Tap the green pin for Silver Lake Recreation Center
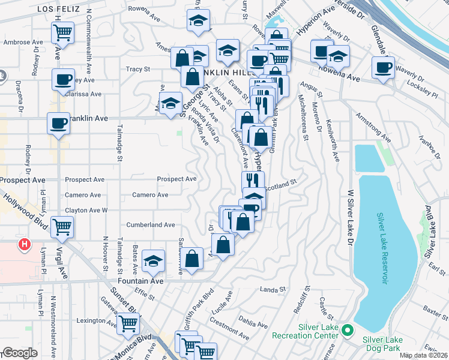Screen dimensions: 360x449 click(346, 331)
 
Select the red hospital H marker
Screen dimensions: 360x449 click(24, 244)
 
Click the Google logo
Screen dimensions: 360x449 click(20, 353)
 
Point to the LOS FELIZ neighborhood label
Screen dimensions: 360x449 click(59, 9)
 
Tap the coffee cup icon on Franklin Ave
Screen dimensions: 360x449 click(58, 123)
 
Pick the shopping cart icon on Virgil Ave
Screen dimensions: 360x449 click(62, 227)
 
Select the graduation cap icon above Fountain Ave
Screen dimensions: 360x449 click(154, 261)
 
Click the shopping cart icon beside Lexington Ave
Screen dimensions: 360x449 click(128, 323)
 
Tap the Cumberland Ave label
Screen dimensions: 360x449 click(150, 225)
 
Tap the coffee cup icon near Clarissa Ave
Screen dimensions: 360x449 click(63, 79)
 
